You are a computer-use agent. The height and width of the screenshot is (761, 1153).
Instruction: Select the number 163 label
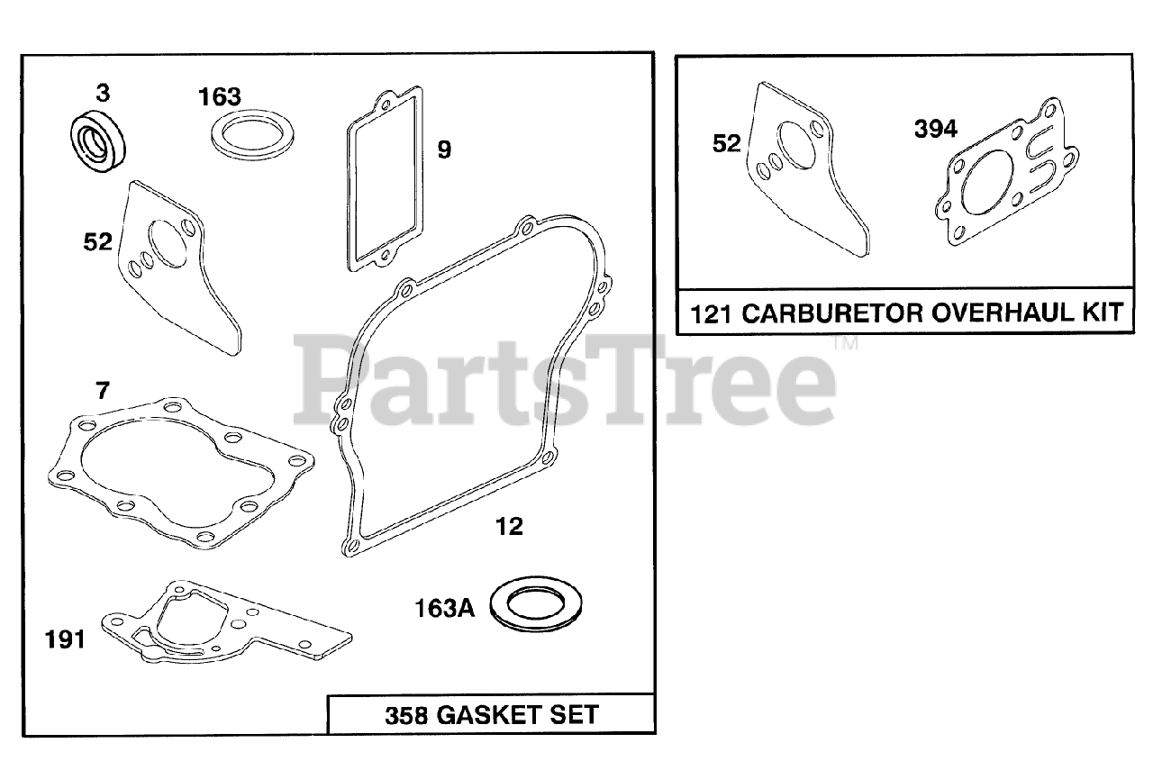220,97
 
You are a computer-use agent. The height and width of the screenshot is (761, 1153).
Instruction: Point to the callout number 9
444,149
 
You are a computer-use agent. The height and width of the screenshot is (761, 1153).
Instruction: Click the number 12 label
509,526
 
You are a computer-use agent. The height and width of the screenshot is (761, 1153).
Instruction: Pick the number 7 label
103,391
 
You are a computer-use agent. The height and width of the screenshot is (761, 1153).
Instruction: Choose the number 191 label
65,639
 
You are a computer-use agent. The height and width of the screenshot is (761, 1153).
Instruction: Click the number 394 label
935,130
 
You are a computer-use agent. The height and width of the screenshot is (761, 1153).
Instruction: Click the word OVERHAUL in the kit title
997,313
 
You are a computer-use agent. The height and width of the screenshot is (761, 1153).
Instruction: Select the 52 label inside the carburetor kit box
726,143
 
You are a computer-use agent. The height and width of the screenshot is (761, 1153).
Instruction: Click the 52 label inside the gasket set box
98,241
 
